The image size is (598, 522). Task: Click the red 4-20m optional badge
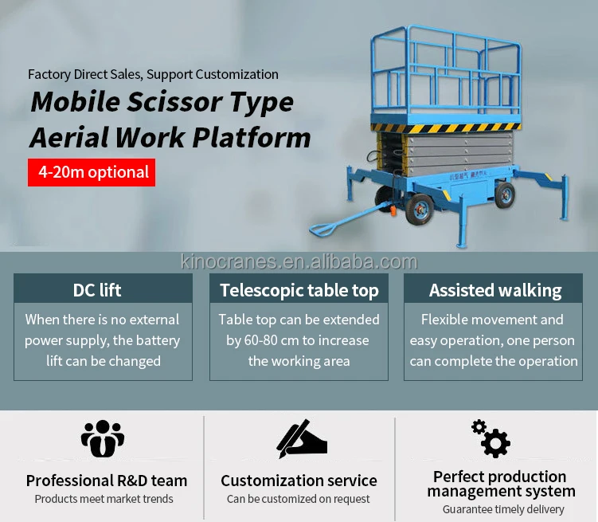pyautogui.click(x=92, y=172)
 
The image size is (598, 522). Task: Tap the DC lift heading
pyautogui.click(x=97, y=290)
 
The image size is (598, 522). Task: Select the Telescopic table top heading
pyautogui.click(x=299, y=290)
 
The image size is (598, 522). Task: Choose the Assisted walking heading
pyautogui.click(x=495, y=290)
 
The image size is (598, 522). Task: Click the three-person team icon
pyautogui.click(x=103, y=439)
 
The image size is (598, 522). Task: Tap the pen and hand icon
pyautogui.click(x=301, y=438)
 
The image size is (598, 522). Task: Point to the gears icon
pyautogui.click(x=491, y=438)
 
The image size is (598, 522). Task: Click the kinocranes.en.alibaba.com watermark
pyautogui.click(x=299, y=262)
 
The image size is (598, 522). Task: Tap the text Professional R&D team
pyautogui.click(x=107, y=481)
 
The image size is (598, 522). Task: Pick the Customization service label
pyautogui.click(x=299, y=481)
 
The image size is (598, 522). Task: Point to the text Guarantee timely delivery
pyautogui.click(x=503, y=509)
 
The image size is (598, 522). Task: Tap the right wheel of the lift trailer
pyautogui.click(x=503, y=194)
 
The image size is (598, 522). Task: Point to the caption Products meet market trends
pyautogui.click(x=104, y=499)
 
